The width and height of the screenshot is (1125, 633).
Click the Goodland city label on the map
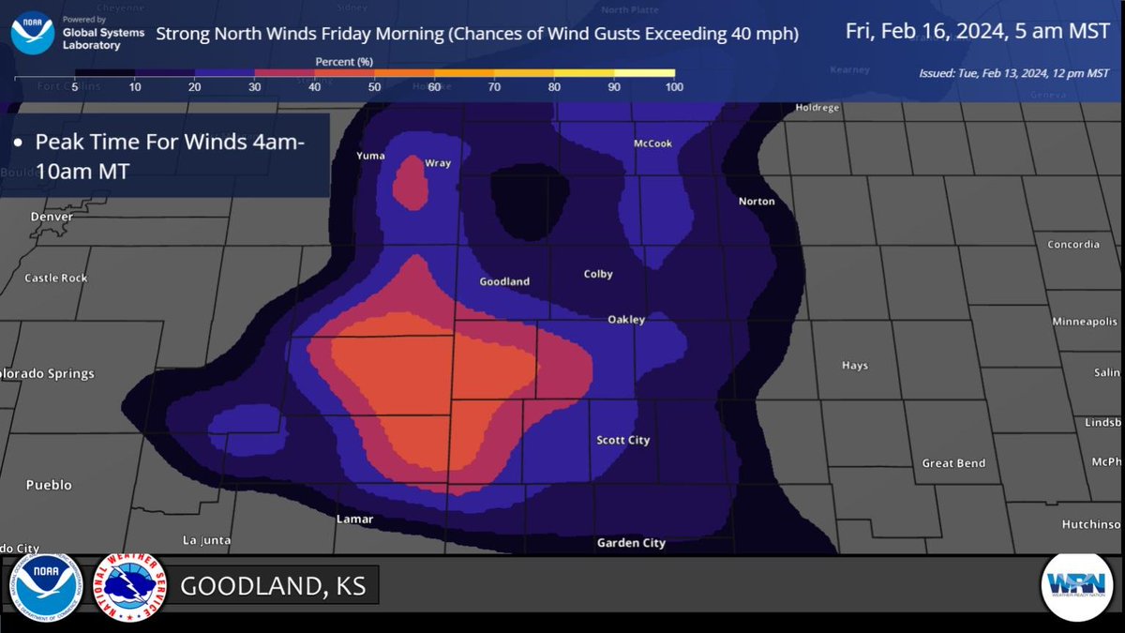(504, 281)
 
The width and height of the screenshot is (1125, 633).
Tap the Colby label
(598, 274)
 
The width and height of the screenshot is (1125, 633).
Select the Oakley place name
(626, 320)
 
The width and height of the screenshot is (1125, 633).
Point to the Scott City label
(623, 440)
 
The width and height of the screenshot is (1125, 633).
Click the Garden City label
(631, 543)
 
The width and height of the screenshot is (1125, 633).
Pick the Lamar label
(354, 519)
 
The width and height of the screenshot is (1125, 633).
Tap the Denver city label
(52, 217)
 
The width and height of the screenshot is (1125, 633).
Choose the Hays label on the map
(855, 366)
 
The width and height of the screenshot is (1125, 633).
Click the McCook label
(652, 143)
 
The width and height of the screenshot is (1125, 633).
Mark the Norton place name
(757, 202)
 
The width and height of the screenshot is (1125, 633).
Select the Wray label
(438, 163)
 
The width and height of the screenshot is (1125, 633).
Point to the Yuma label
(370, 156)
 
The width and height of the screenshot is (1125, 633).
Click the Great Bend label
(952, 463)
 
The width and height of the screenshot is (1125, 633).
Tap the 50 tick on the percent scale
(374, 87)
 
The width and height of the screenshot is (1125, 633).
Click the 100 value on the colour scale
(674, 87)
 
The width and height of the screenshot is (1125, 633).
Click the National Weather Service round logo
(129, 586)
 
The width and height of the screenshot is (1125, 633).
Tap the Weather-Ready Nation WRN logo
(1076, 586)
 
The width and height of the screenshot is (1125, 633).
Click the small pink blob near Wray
(409, 182)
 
